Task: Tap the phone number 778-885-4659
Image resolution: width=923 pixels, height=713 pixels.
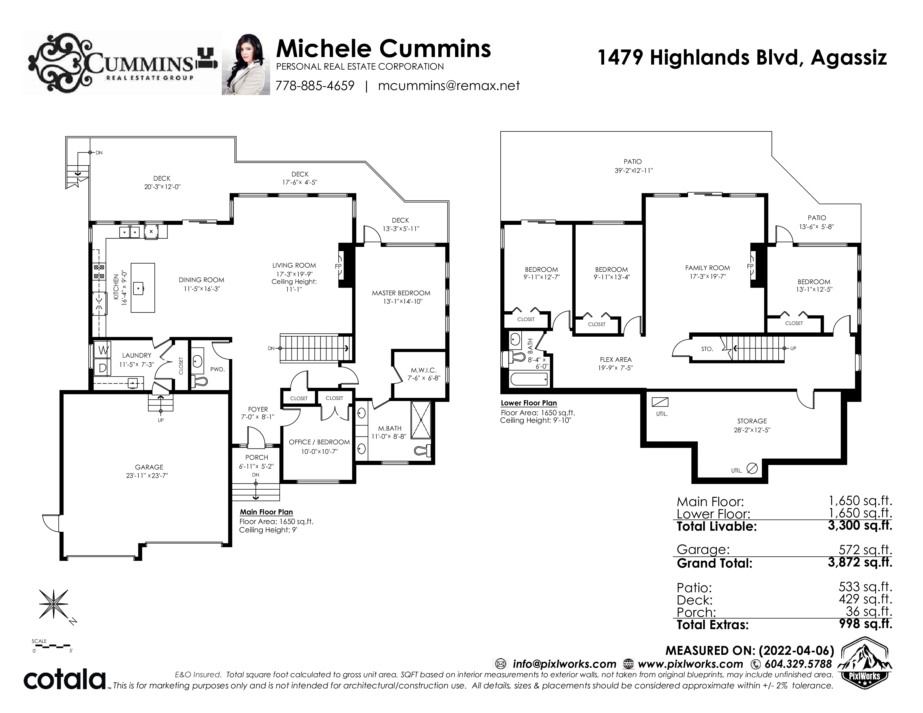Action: [315, 86]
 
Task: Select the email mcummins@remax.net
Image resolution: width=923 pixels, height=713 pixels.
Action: [449, 86]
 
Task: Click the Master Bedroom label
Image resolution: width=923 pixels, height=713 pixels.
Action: [401, 293]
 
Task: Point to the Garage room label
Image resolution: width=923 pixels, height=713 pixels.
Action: [149, 467]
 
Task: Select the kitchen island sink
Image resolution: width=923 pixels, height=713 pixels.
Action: [139, 289]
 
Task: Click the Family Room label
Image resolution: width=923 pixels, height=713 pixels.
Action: [707, 268]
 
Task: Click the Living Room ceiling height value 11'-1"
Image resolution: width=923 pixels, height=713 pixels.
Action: [294, 290]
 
